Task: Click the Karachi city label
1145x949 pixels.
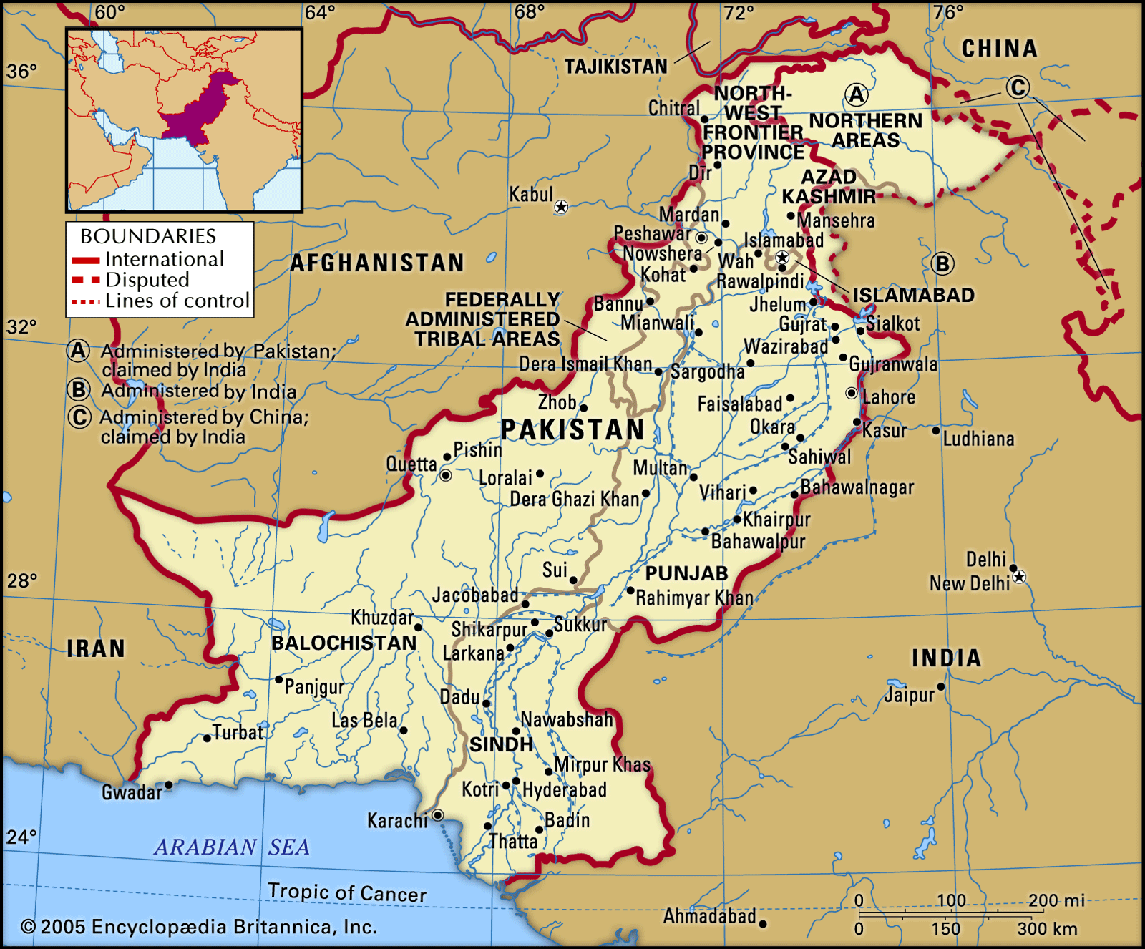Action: pyautogui.click(x=396, y=820)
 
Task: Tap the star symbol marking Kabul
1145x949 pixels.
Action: pyautogui.click(x=561, y=207)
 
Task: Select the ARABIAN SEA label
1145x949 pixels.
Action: pyautogui.click(x=232, y=847)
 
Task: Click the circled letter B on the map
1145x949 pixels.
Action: pyautogui.click(x=942, y=264)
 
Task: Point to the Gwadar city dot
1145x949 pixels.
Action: pyautogui.click(x=169, y=785)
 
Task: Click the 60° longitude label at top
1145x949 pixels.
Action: pyautogui.click(x=109, y=12)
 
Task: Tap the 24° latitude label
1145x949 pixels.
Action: pyautogui.click(x=21, y=837)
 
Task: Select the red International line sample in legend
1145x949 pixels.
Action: pyautogui.click(x=85, y=261)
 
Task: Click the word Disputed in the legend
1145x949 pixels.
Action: pyautogui.click(x=147, y=280)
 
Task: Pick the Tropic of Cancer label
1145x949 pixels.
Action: pyautogui.click(x=347, y=892)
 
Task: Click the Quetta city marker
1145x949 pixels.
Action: pyautogui.click(x=446, y=475)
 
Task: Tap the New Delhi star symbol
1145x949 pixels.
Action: pyautogui.click(x=1019, y=577)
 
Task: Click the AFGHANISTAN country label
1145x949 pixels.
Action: pyautogui.click(x=377, y=263)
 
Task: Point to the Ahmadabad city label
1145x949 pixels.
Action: pyautogui.click(x=709, y=916)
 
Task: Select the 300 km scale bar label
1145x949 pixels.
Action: pyautogui.click(x=1047, y=929)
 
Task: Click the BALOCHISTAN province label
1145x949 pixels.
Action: pyautogui.click(x=343, y=643)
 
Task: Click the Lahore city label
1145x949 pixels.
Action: pyautogui.click(x=888, y=397)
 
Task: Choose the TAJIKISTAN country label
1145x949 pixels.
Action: pyautogui.click(x=615, y=67)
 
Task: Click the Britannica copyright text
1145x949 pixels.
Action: pyautogui.click(x=198, y=927)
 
